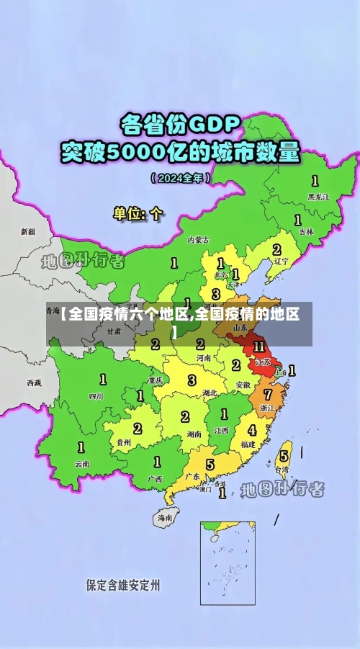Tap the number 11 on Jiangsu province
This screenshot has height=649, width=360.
[259, 346]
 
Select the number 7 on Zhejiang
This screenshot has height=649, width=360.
[268, 394]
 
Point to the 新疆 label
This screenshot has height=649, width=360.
[27, 232]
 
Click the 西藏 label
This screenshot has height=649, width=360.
[34, 382]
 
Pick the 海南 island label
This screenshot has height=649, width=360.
[165, 517]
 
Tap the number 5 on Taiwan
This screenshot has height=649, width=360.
[284, 456]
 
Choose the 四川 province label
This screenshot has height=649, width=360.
[96, 395]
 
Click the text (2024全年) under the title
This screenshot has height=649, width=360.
[180, 177]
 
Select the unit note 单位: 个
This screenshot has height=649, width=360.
[138, 213]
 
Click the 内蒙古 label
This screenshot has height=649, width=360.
[198, 240]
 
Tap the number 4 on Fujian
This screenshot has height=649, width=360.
[251, 430]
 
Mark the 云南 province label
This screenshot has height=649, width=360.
[82, 464]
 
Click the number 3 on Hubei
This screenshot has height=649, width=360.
[192, 380]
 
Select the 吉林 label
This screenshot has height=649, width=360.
[306, 232]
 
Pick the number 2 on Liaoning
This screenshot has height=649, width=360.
[276, 249]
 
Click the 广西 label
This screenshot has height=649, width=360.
[154, 478]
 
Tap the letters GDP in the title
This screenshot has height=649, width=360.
[213, 125]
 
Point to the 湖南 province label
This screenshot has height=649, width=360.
[193, 434]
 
